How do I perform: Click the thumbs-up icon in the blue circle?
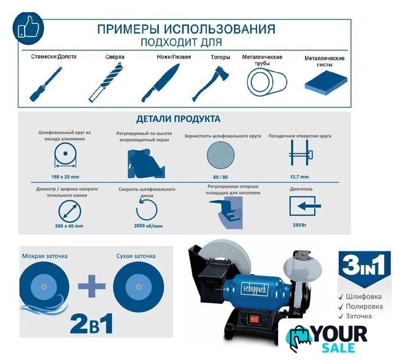(x=29, y=27)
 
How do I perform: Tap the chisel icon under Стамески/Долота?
(x=46, y=84)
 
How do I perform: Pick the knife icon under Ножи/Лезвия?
(x=161, y=83)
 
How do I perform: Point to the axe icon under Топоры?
(x=211, y=84)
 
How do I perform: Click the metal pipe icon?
(x=267, y=82)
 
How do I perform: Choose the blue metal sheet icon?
(x=326, y=83)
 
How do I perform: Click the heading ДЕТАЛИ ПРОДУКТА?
(x=178, y=119)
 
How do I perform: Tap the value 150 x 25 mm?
(x=65, y=177)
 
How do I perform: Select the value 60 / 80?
(x=220, y=177)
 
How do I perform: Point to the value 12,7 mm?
(x=299, y=177)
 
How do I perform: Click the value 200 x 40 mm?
(x=69, y=226)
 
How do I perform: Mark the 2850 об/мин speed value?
(x=148, y=226)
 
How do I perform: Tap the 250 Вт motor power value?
(x=299, y=225)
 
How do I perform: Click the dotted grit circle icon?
(x=221, y=155)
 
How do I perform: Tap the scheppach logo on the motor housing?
(x=255, y=290)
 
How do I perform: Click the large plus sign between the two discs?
(x=92, y=286)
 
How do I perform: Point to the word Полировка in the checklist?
(x=364, y=307)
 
